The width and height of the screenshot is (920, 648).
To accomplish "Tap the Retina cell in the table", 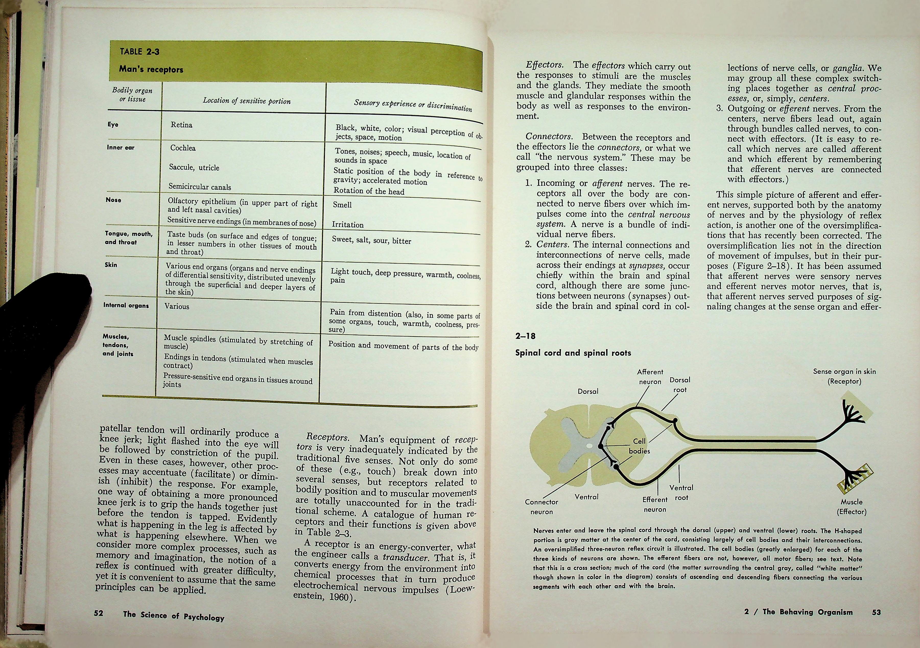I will tap(182, 125).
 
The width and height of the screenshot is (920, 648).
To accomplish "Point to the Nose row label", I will tap(113, 200).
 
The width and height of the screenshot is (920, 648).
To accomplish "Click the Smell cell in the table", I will tap(342, 205).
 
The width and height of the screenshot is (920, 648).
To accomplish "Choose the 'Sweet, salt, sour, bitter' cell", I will tap(371, 241).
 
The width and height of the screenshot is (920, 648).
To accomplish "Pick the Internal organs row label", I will tap(126, 305).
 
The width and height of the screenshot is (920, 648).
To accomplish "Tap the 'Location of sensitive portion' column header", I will tap(246, 101).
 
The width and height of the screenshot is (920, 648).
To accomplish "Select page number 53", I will tap(876, 612).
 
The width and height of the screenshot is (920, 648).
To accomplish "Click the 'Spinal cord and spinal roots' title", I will tap(573, 353).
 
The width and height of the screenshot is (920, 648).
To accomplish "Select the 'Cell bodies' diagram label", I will tap(639, 446).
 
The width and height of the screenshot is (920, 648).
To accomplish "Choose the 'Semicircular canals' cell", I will tap(199, 187).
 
